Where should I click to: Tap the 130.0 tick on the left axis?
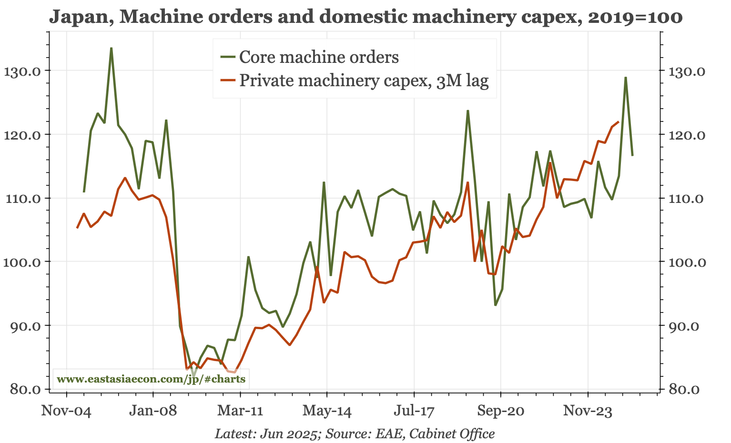[23, 71]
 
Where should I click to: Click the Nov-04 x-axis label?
[66, 411]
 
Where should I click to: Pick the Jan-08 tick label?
[153, 411]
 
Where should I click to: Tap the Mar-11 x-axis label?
[240, 411]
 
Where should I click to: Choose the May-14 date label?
[327, 411]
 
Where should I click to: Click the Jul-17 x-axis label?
[414, 411]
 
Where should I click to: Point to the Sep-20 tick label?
[501, 411]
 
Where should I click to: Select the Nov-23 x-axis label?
[588, 411]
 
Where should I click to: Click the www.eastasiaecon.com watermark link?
[151, 380]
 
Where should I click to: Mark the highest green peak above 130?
[111, 48]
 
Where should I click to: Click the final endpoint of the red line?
[619, 122]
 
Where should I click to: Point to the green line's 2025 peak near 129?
[625, 77]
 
